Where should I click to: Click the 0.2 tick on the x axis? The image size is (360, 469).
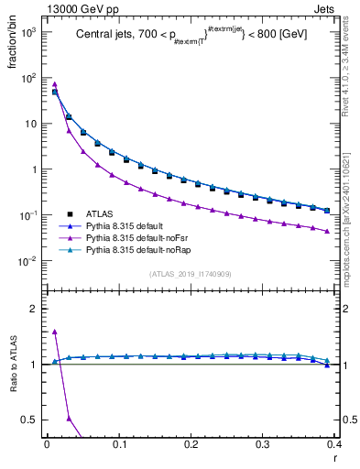tap(191, 446)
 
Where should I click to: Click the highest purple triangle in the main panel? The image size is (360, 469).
tap(55, 84)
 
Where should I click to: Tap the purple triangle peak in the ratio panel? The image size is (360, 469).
tap(55, 332)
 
